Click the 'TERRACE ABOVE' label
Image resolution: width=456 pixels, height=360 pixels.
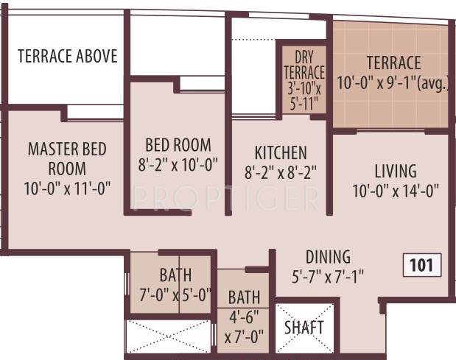(x=68, y=57)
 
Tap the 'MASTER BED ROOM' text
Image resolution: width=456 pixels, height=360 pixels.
(x=67, y=158)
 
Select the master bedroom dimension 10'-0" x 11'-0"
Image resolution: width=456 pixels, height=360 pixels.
(x=67, y=187)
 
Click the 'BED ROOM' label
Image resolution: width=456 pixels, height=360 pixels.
(x=178, y=145)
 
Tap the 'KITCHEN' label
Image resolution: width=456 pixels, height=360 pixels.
(x=280, y=153)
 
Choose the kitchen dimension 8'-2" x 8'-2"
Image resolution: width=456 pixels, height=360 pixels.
(x=280, y=174)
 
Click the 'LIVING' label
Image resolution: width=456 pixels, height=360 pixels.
(x=395, y=172)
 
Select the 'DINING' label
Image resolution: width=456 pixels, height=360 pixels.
(x=328, y=258)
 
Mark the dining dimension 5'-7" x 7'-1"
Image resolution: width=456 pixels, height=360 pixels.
(x=328, y=278)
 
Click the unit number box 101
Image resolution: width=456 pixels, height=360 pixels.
(x=421, y=264)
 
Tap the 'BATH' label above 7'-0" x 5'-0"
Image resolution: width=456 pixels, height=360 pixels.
(x=175, y=275)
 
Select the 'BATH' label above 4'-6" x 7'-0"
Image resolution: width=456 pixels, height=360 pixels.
(x=243, y=298)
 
